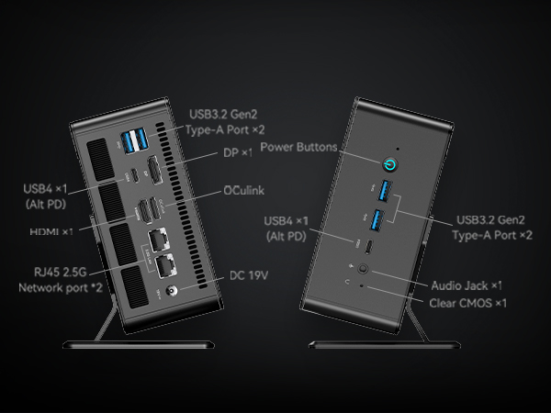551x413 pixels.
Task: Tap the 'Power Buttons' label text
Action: click(298, 146)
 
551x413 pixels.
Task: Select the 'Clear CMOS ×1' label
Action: click(468, 301)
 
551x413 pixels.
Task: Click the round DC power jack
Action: click(171, 291)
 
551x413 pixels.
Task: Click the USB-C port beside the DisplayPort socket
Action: click(134, 174)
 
